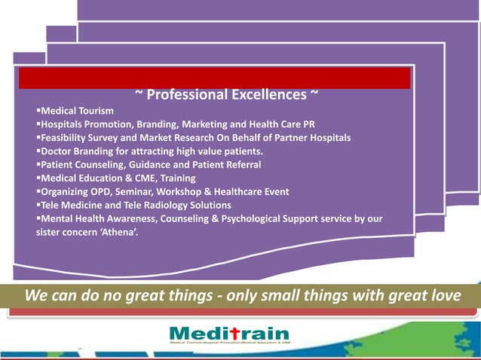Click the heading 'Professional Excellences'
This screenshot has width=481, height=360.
[226, 95]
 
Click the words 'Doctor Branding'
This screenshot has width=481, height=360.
[76, 151]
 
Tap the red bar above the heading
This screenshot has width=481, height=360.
[214, 78]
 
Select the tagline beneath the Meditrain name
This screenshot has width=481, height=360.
[229, 344]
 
